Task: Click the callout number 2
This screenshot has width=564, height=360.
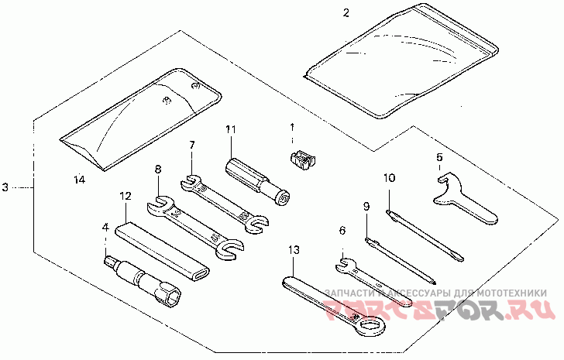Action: [x=346, y=12]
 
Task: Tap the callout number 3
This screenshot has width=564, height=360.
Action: [x=5, y=187]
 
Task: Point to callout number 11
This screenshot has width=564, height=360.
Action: [x=229, y=129]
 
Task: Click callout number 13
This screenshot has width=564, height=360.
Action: [x=292, y=250]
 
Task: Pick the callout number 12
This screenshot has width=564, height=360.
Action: [x=126, y=197]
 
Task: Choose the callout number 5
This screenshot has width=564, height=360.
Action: [x=439, y=158]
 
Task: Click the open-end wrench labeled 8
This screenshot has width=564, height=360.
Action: [x=193, y=226]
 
